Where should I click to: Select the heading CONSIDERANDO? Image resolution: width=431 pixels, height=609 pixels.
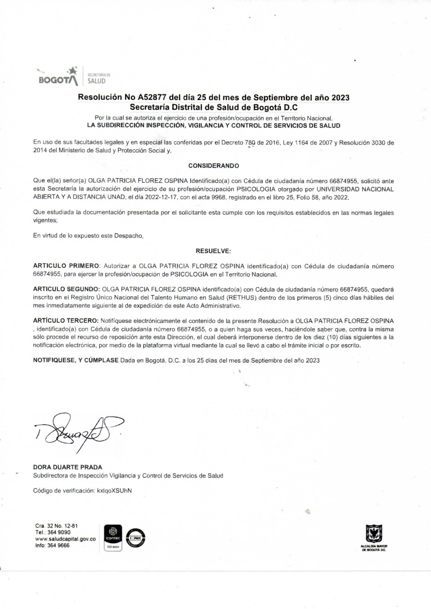pos(213,166)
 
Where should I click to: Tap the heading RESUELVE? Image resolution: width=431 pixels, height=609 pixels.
pos(213,251)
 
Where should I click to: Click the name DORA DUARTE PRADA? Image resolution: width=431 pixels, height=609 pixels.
pos(68,467)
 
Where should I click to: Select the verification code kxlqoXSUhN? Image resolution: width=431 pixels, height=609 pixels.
pos(114,491)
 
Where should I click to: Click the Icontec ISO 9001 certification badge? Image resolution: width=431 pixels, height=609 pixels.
pos(113,538)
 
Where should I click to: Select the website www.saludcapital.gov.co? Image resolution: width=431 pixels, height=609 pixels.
pos(65,539)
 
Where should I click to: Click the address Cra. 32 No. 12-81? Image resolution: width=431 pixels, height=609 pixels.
pos(56,526)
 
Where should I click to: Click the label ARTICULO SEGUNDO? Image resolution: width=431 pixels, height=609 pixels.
pos(66,290)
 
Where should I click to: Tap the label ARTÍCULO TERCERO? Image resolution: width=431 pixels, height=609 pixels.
pos(66,321)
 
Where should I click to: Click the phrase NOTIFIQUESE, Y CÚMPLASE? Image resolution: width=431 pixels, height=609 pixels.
pos(76,361)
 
